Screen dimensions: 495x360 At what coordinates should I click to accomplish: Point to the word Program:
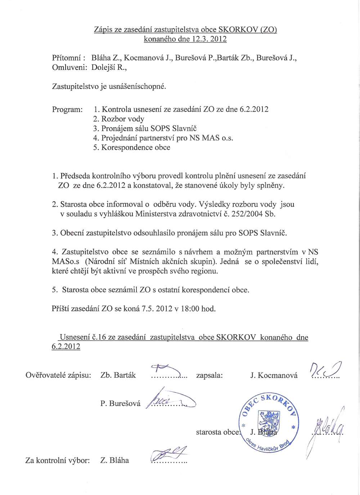(x=67, y=109)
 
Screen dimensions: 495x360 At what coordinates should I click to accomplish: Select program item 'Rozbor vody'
(x=119, y=119)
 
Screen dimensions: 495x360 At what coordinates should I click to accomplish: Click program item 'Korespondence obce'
(x=132, y=148)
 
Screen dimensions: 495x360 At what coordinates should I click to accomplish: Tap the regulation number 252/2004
(x=248, y=214)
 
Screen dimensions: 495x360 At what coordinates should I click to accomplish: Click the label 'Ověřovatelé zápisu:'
(x=58, y=375)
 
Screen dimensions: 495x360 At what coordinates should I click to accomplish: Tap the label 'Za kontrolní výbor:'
(x=57, y=460)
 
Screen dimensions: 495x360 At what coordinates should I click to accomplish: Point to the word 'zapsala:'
(x=210, y=375)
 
